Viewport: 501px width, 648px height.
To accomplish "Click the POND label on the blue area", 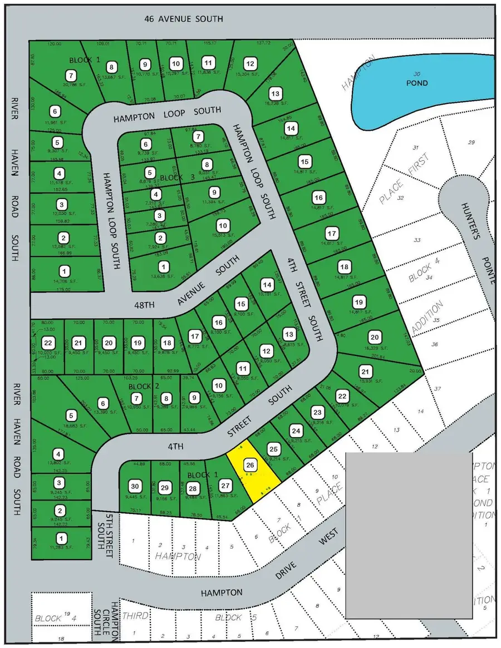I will pos(417,83).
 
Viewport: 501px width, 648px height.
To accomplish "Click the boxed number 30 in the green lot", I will pos(134,485).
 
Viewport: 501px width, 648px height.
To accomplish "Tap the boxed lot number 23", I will pos(317,412).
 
